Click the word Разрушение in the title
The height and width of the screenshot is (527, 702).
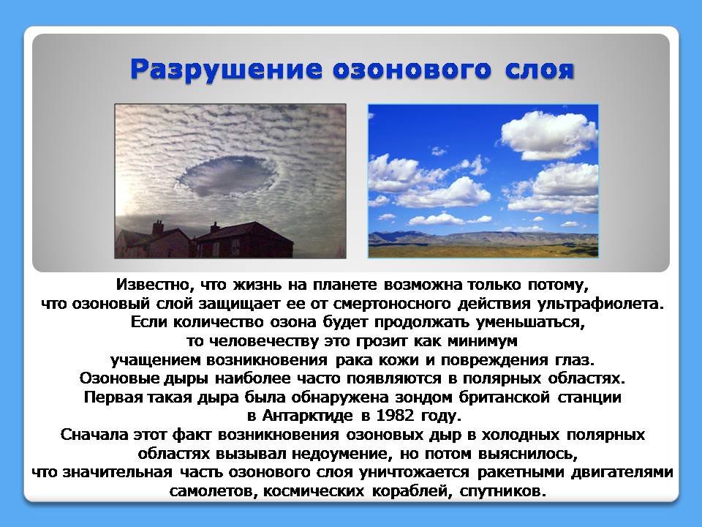(226, 70)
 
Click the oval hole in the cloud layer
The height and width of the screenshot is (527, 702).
(229, 176)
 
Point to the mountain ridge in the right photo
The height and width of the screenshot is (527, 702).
(483, 237)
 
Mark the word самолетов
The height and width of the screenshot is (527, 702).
(213, 491)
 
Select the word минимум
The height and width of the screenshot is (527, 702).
(483, 341)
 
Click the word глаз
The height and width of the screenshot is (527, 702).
(575, 360)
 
